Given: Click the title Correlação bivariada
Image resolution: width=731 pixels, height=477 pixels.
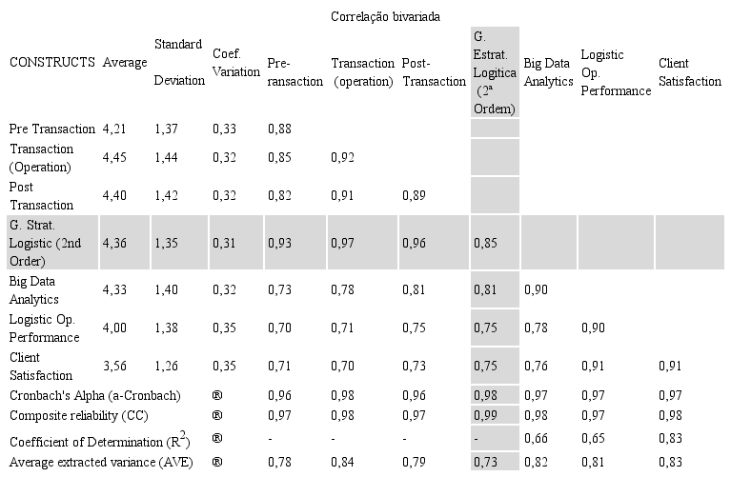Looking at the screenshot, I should pos(385,17).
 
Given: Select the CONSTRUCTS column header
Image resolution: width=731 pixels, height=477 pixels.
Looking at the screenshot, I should pos(51,63).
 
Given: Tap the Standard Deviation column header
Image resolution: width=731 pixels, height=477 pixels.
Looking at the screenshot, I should pos(178,63).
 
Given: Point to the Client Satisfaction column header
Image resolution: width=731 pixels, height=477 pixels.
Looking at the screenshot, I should pos(689,72).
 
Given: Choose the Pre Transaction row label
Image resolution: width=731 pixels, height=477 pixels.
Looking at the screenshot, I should pos(51,129).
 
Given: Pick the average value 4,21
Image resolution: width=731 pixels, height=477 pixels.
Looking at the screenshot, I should pos(116,129).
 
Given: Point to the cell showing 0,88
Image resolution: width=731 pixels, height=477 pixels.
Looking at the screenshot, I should pos(279,129).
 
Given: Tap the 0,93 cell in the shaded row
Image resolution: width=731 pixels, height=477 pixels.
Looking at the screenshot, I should pos(279,243).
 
